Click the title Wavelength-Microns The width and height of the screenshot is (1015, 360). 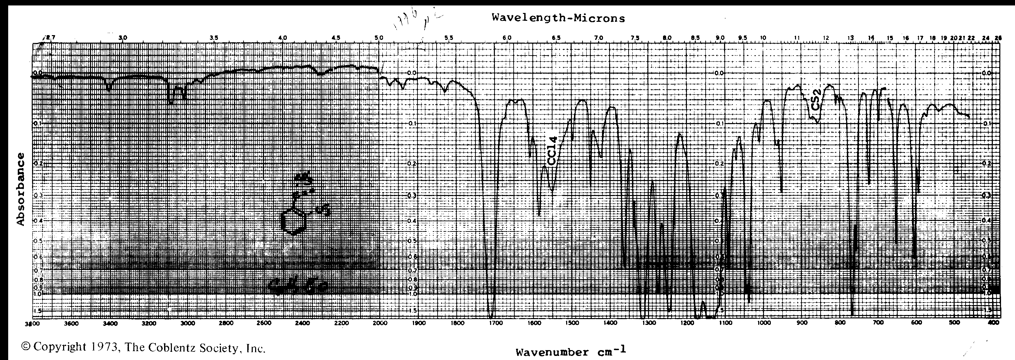(558, 18)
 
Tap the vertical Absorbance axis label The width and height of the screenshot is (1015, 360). (20, 189)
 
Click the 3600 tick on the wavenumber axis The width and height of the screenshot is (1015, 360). (71, 324)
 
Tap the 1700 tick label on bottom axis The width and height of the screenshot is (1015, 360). (495, 324)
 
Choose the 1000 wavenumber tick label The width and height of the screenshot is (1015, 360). (764, 324)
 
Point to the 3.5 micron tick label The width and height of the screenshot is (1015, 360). (214, 38)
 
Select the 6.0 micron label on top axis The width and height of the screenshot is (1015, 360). (507, 38)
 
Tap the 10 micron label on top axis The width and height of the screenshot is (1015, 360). (763, 38)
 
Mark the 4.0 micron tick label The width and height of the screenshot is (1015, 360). (282, 38)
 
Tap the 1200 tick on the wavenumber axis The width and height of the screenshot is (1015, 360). (687, 324)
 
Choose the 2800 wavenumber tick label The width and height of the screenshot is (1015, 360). (225, 324)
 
